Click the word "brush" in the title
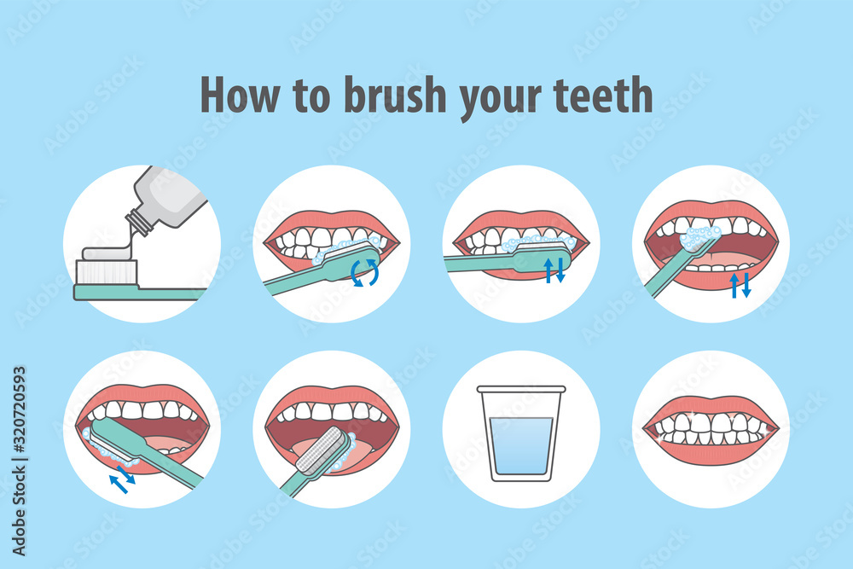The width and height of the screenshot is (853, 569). [395, 95]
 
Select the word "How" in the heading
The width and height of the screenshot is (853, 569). [240, 95]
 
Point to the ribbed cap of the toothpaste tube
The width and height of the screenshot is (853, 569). [138, 222]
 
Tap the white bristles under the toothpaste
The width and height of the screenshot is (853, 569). [106, 272]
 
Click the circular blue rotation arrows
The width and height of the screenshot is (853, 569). [364, 272]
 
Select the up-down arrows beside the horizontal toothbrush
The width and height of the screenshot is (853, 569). [555, 270]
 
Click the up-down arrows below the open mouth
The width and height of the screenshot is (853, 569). [740, 285]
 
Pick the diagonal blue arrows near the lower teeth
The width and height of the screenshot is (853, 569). [122, 479]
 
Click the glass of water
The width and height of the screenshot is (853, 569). [521, 433]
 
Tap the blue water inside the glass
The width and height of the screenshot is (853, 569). [521, 445]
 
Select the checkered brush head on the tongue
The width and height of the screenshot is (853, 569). [320, 449]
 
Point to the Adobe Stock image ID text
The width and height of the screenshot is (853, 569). [19, 461]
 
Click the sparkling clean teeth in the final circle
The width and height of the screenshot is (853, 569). [711, 427]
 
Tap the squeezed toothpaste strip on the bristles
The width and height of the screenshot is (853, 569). [107, 253]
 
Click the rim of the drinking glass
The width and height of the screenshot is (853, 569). [521, 389]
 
